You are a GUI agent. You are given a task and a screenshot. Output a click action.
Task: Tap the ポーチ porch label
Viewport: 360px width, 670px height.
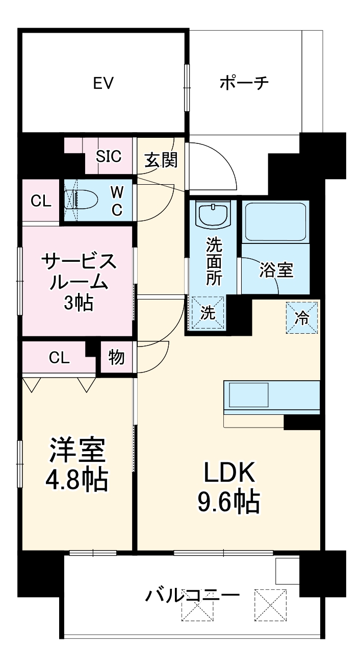click(x=244, y=83)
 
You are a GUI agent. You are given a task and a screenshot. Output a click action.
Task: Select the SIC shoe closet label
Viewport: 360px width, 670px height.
click(x=109, y=157)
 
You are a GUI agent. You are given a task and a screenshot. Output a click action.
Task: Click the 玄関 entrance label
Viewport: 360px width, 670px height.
click(x=161, y=160)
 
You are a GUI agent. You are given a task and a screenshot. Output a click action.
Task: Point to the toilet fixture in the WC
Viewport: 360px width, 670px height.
click(x=81, y=200)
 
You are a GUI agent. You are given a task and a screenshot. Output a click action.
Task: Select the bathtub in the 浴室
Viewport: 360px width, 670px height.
click(x=275, y=221)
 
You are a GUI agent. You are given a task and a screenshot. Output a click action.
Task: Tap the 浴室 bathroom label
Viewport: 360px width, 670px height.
click(x=276, y=270)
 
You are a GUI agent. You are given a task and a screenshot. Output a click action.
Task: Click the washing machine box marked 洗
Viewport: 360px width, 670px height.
click(x=207, y=313)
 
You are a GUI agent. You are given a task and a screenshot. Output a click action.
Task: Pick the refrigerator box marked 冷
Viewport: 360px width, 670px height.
click(x=302, y=317)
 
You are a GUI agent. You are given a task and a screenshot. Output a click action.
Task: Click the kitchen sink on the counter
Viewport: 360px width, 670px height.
click(x=248, y=394)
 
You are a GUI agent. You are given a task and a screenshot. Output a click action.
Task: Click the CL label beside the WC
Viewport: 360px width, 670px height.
click(x=41, y=201)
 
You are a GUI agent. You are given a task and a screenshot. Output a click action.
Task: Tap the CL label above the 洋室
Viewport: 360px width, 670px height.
click(x=59, y=358)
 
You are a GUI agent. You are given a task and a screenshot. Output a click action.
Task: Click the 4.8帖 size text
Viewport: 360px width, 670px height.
click(x=76, y=479)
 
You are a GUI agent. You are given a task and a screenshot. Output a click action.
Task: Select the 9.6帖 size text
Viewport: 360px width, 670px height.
click(x=229, y=503)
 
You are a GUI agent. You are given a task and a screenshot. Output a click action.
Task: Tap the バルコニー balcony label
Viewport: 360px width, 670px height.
click(x=192, y=595)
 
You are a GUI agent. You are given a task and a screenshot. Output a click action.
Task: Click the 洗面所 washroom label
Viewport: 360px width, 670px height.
click(x=213, y=260)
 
